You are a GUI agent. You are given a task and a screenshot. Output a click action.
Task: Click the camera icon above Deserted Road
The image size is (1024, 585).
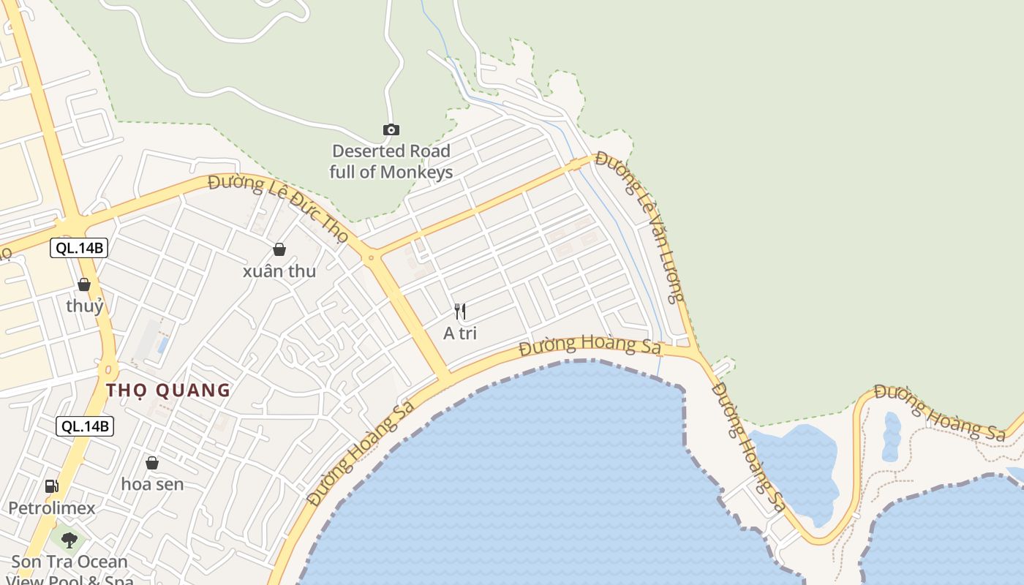click(391, 129)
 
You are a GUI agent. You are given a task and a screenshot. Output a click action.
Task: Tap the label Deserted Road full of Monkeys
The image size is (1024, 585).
click(391, 162)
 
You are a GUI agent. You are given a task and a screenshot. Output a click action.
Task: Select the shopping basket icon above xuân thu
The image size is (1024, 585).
click(279, 249)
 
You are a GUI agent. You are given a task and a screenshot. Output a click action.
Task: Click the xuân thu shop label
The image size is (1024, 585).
click(279, 271)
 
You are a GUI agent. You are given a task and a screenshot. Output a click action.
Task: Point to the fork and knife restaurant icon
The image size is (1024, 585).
click(460, 312)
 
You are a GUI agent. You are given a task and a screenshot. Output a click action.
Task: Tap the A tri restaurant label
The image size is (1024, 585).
click(460, 333)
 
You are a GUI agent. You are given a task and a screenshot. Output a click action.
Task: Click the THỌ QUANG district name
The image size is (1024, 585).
click(168, 390)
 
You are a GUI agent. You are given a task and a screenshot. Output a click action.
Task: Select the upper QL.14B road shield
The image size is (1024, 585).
click(80, 248)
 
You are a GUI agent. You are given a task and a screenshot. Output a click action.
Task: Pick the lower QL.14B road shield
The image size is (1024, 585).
click(86, 426)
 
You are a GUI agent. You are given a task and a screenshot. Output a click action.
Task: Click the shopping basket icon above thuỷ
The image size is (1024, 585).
click(84, 284)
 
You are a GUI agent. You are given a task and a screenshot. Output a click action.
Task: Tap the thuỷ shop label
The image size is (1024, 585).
click(85, 306)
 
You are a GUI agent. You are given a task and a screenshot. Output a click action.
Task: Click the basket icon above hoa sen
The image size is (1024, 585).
click(152, 463)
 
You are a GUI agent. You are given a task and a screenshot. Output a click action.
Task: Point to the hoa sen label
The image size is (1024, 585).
click(152, 484)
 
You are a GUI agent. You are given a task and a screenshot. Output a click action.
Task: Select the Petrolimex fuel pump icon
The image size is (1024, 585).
click(51, 486)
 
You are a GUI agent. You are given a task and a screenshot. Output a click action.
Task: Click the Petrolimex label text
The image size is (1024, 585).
click(51, 507)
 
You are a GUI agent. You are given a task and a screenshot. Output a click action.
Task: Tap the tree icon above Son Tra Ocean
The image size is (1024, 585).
click(69, 540)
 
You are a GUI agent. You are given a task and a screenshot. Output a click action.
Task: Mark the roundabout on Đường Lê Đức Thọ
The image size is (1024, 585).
click(371, 257)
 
